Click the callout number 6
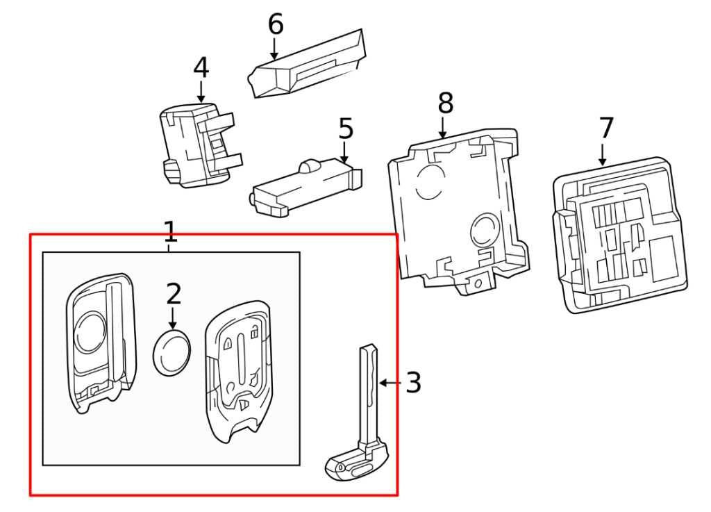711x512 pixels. tap(276, 24)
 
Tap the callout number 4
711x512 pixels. tap(201, 67)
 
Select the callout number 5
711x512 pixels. tap(346, 129)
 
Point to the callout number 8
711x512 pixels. tap(445, 104)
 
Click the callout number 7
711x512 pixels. tap(606, 128)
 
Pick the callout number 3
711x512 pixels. tap(413, 383)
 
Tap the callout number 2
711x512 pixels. tap(174, 295)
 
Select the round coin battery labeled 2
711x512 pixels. tap(171, 353)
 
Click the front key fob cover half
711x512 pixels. tap(99, 344)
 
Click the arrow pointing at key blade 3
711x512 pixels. tap(390, 383)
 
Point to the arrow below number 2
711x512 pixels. tap(174, 317)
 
